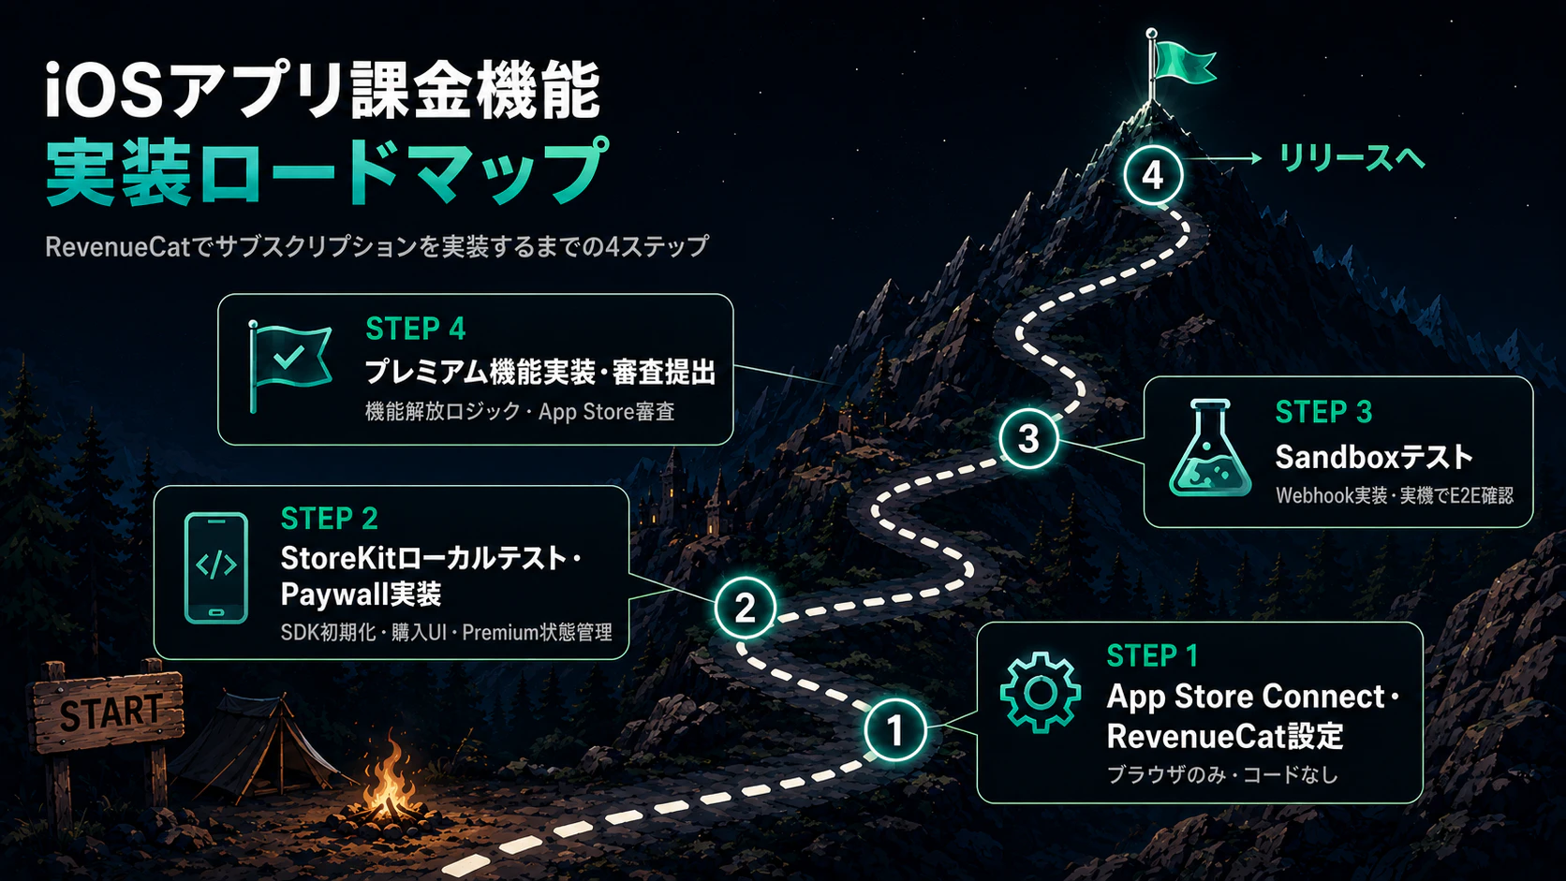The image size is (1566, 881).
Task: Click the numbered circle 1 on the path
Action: (894, 730)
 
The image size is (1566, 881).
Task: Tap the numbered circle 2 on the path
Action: (746, 607)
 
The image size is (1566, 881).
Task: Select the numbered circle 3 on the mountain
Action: (1028, 439)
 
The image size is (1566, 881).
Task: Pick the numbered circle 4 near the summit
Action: (1153, 175)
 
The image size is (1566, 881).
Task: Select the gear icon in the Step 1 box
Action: (1041, 693)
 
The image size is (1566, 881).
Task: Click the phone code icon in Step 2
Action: (216, 568)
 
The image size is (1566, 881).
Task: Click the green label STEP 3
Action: (1323, 412)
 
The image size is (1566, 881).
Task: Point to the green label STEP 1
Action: (1152, 656)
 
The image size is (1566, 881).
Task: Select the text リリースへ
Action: (1352, 158)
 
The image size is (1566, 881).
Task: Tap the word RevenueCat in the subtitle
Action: (117, 246)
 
